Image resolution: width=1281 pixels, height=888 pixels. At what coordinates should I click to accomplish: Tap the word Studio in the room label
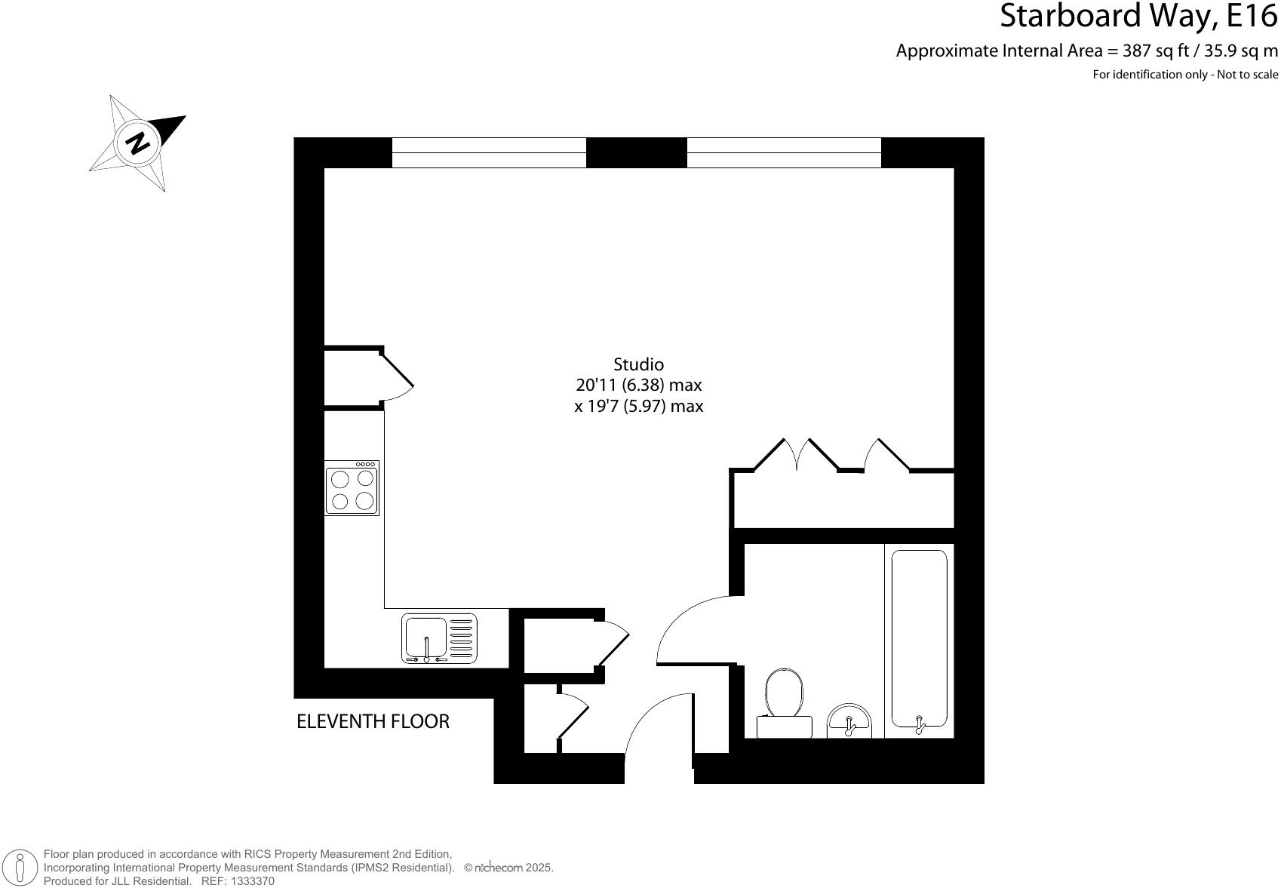pyautogui.click(x=638, y=364)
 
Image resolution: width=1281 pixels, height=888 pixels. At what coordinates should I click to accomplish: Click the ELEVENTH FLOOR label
pyautogui.click(x=373, y=722)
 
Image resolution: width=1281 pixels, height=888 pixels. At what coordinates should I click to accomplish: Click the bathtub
pyautogui.click(x=919, y=640)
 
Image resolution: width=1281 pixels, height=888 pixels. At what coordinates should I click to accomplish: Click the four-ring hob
pyautogui.click(x=352, y=488)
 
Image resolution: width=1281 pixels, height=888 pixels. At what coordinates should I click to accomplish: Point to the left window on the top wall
pyautogui.click(x=489, y=152)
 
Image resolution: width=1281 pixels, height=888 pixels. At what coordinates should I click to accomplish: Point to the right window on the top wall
pyautogui.click(x=784, y=152)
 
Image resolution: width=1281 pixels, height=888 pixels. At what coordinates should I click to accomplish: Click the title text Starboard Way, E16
pyautogui.click(x=1138, y=17)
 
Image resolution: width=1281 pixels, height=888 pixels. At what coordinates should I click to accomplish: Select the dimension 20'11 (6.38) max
pyautogui.click(x=638, y=385)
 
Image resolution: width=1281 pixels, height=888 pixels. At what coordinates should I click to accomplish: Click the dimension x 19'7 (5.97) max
pyautogui.click(x=638, y=406)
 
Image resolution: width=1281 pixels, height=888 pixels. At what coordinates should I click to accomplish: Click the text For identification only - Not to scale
pyautogui.click(x=1185, y=75)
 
